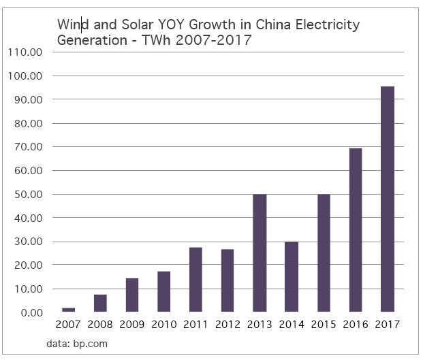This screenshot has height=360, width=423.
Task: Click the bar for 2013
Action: click(x=259, y=253)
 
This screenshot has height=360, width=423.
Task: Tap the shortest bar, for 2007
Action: click(x=67, y=310)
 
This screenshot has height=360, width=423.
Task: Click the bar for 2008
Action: click(x=99, y=304)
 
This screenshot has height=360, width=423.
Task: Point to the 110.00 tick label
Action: click(x=25, y=52)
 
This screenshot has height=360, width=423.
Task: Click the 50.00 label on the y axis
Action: click(x=27, y=194)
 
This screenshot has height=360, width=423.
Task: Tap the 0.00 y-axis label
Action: click(x=31, y=312)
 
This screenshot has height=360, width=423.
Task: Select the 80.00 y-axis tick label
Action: click(x=27, y=123)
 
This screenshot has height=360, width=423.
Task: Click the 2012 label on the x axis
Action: click(x=227, y=325)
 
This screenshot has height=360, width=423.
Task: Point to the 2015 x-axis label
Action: click(x=323, y=325)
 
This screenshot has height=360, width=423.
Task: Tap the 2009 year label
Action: click(x=131, y=325)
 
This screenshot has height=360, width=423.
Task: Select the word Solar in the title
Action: click(x=133, y=26)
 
